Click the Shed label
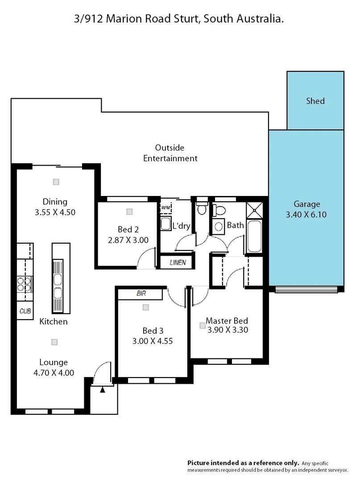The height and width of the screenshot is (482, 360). point(315,101)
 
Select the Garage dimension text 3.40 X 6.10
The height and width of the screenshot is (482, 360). point(306,215)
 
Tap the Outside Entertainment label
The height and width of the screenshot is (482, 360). point(170,153)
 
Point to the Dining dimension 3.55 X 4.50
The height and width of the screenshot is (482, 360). point(55,212)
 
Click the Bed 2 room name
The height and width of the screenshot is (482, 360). point(128,229)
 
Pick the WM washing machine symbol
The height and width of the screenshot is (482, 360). point(165,208)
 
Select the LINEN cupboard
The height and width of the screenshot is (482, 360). point(177,262)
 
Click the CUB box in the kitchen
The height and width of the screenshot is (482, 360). point(25,311)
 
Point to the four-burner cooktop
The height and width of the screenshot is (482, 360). point(25,284)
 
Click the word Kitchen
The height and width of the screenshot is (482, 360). point(54,321)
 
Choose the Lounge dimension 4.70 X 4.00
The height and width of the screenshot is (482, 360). point(54,373)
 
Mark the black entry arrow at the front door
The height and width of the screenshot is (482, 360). point(103,390)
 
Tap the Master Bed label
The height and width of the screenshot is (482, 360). point(227,320)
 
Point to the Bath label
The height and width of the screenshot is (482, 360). point(235,225)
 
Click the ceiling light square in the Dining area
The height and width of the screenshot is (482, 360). point(56,182)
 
